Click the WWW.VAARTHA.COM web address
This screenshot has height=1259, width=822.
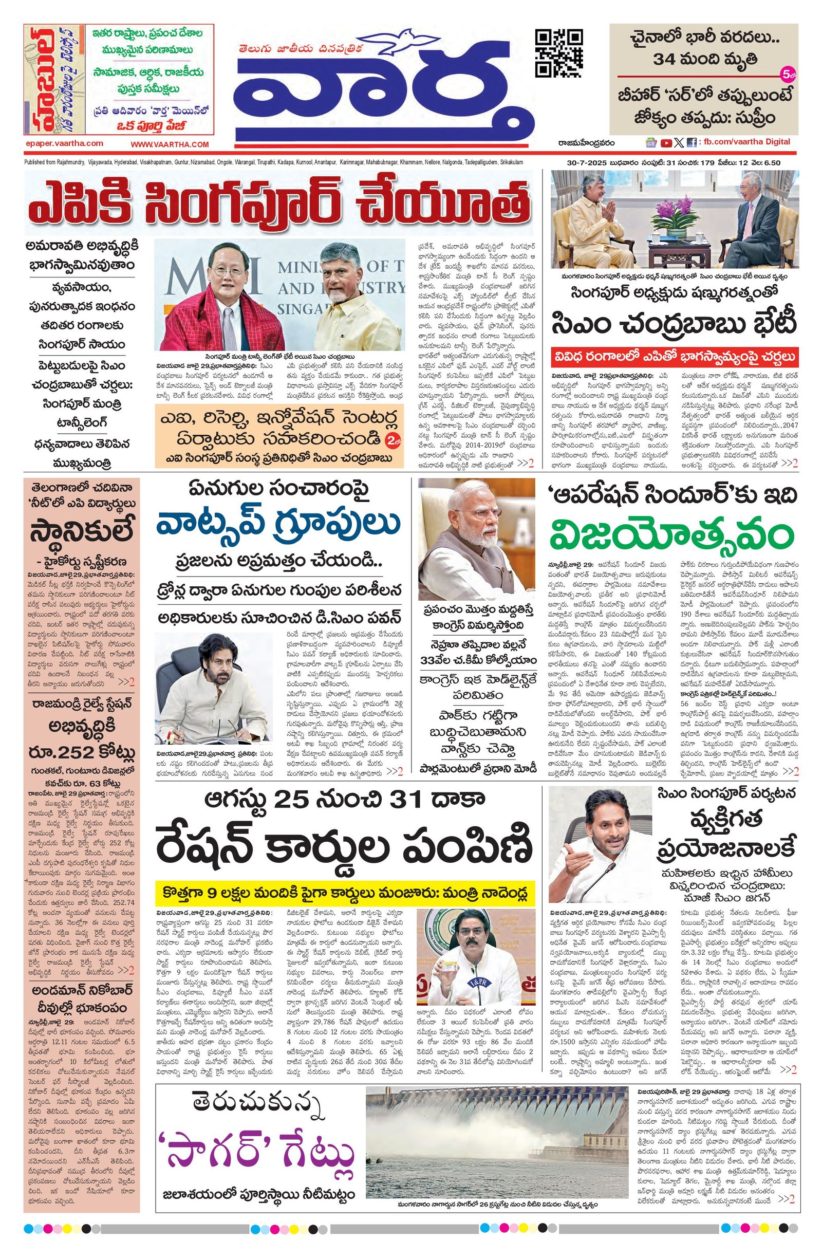pos(170,144)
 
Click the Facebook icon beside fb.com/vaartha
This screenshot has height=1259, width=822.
pos(691,142)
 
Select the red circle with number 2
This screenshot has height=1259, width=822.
pos(391,438)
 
